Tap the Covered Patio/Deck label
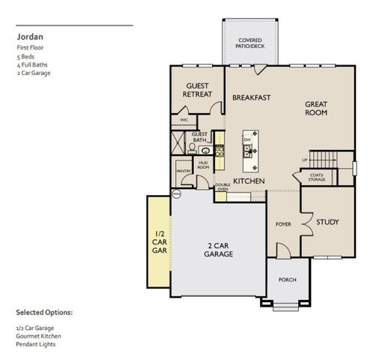pos(251,43)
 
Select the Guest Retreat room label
pos(198,89)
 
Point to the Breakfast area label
pos(251,97)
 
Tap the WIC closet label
pos(184,119)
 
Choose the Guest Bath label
pos(200,137)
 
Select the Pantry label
pos(184,171)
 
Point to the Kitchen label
pos(249,181)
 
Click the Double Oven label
pos(222,187)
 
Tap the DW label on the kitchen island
pos(246,140)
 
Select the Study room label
pos(327,222)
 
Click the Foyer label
pos(283,223)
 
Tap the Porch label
pos(288,280)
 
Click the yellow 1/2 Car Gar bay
pos(159,240)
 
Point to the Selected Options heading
pos(44,311)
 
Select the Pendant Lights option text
pos(35,344)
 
